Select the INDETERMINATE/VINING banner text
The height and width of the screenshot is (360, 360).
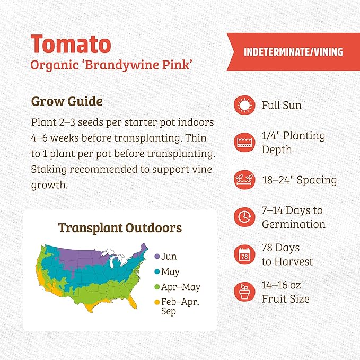pyautogui.click(x=293, y=52)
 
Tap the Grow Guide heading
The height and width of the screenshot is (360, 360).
pyautogui.click(x=67, y=101)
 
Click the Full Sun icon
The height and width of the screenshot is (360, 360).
pyautogui.click(x=244, y=106)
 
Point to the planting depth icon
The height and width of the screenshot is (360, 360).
pyautogui.click(x=244, y=142)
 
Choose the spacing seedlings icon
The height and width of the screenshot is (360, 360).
pyautogui.click(x=244, y=180)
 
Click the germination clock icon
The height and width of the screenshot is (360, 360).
pyautogui.click(x=244, y=217)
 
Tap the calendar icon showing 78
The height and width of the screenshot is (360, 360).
pyautogui.click(x=244, y=254)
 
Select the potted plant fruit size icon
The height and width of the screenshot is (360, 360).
pyautogui.click(x=244, y=292)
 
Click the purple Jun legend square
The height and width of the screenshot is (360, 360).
pyautogui.click(x=157, y=257)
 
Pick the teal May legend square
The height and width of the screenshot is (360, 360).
pyautogui.click(x=157, y=272)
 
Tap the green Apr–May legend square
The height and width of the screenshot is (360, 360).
pyautogui.click(x=157, y=287)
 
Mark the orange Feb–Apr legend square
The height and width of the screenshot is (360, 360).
pyautogui.click(x=157, y=303)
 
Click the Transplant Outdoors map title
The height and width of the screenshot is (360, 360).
pyautogui.click(x=120, y=228)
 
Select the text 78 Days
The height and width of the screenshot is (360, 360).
pyautogui.click(x=280, y=248)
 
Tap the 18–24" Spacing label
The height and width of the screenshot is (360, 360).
pyautogui.click(x=299, y=180)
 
